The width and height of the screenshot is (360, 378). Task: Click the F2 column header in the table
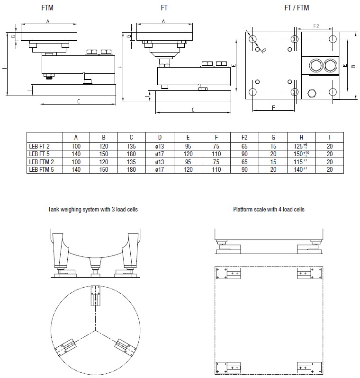(244, 137)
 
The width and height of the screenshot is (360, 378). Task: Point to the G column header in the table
(273, 137)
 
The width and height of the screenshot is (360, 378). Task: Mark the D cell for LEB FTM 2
(160, 161)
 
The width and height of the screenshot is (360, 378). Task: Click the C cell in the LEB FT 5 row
(132, 154)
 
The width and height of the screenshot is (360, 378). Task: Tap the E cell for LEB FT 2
(188, 147)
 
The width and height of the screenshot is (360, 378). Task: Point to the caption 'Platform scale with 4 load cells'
(269, 209)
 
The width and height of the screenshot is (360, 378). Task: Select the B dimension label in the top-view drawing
(352, 66)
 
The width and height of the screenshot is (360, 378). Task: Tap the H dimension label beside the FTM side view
(4, 67)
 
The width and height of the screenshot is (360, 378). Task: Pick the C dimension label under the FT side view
(193, 110)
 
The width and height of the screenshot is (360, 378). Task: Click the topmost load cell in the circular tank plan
(96, 297)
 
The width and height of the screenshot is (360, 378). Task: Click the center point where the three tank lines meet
(96, 329)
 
